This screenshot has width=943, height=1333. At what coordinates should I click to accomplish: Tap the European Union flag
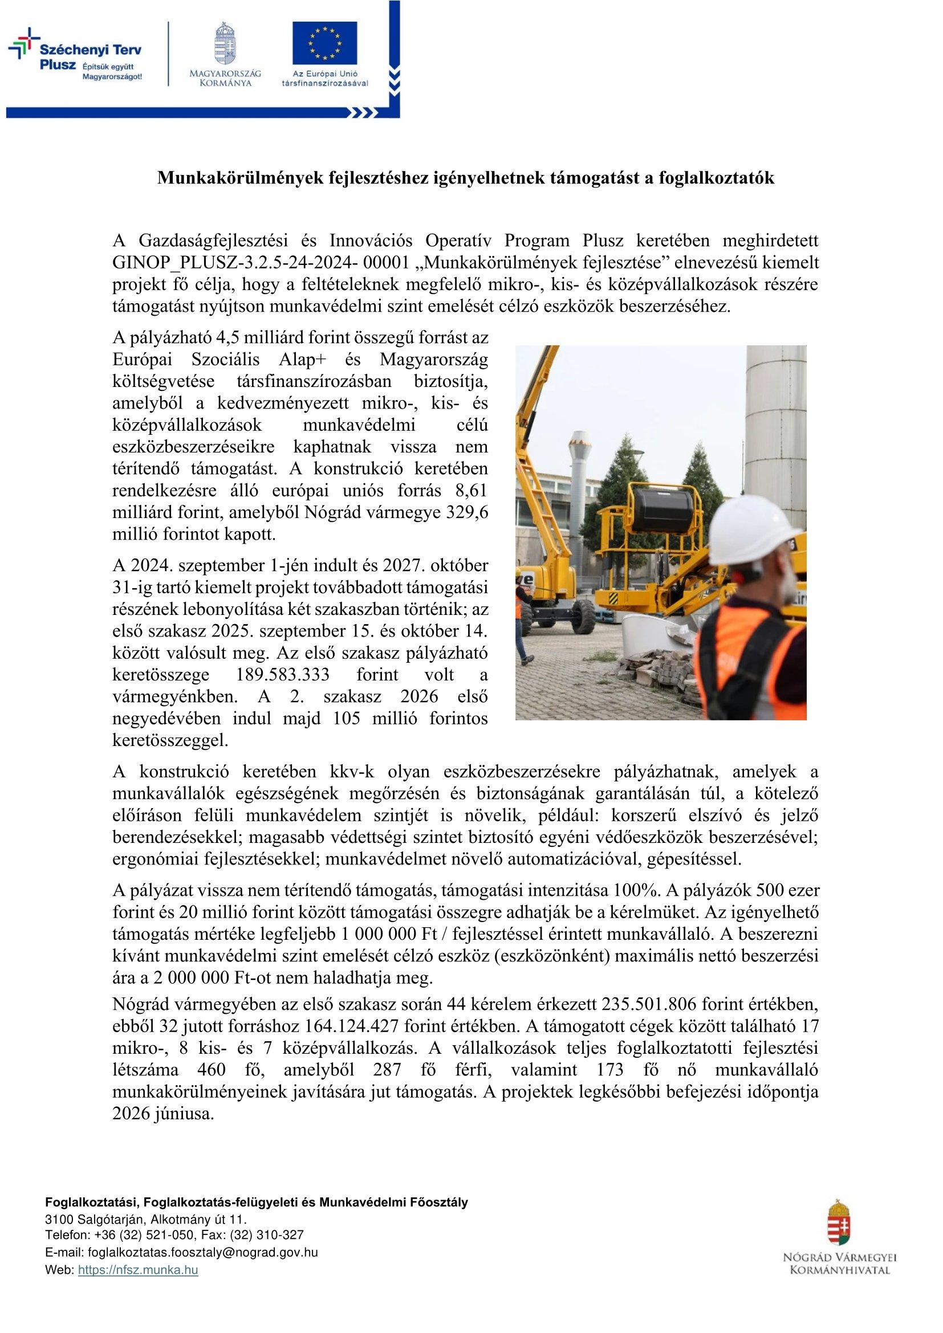(x=324, y=44)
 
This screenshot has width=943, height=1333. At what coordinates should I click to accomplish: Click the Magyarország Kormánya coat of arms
(x=225, y=44)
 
